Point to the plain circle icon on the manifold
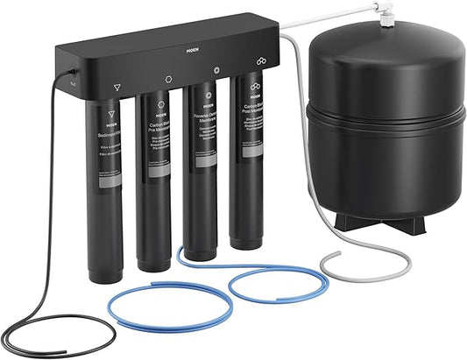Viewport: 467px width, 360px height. (x=168, y=79)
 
